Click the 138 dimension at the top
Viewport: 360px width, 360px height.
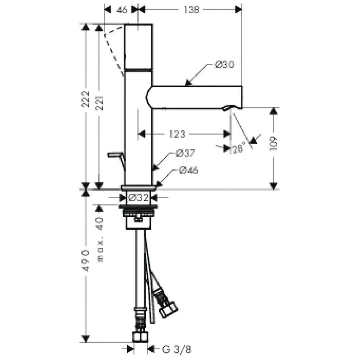tap(191, 10)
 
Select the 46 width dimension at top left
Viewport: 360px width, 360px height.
tap(122, 10)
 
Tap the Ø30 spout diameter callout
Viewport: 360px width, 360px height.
tap(224, 64)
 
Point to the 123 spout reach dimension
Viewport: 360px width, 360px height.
tap(177, 134)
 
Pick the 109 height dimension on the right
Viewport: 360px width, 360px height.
tap(274, 144)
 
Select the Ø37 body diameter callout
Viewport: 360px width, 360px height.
tap(185, 153)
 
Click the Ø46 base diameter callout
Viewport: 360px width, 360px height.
tap(188, 170)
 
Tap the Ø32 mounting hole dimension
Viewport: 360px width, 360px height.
tap(139, 197)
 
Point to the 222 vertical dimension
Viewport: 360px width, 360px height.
tap(86, 99)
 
